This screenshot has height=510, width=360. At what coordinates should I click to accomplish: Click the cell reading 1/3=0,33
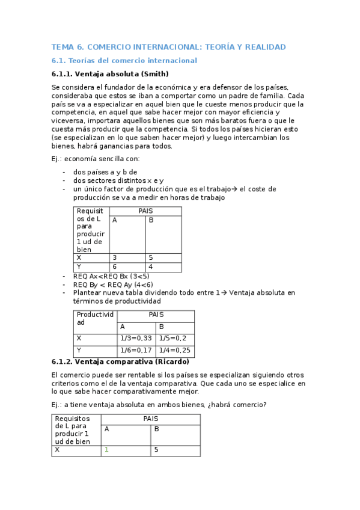click(135, 338)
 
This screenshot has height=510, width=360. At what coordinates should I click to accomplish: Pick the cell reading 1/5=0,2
click(172, 338)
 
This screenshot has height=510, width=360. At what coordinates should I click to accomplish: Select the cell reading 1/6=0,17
click(135, 350)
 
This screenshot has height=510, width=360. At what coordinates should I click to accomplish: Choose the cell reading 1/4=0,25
click(174, 350)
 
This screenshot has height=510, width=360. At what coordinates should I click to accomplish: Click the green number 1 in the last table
click(106, 449)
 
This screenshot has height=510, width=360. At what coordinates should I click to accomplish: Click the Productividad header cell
click(94, 318)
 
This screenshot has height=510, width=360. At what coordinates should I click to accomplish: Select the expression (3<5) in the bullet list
click(139, 276)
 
